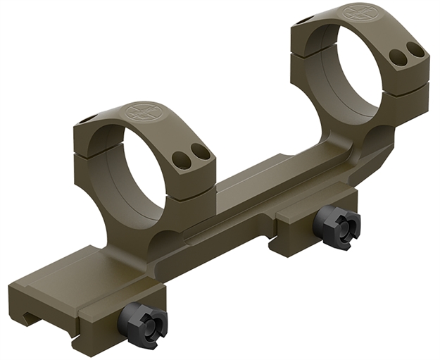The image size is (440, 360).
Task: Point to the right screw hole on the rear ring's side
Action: pos(415,49)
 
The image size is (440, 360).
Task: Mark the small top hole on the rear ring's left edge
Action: pos(302,20)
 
